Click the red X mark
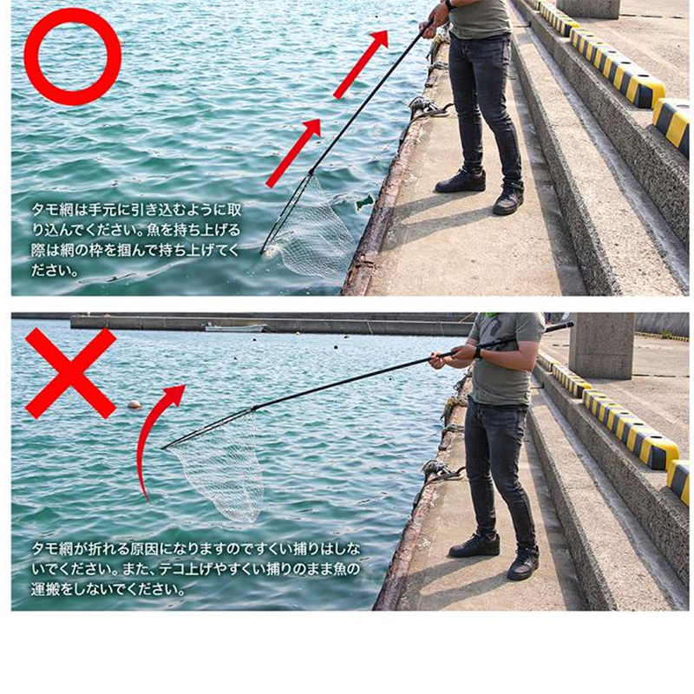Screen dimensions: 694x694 [x=71, y=373]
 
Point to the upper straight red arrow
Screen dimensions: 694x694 [x=361, y=64]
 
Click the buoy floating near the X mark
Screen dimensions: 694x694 [x=134, y=404]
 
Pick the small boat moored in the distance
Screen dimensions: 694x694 [x=236, y=328]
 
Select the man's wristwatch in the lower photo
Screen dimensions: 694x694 [x=478, y=353]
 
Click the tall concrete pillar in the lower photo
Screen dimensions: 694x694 [x=600, y=345]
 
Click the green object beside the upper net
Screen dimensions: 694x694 [x=365, y=202]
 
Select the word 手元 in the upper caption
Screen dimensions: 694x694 [x=103, y=210]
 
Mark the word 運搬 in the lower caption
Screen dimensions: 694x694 [x=45, y=590]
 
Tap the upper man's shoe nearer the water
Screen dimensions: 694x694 [x=461, y=181]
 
